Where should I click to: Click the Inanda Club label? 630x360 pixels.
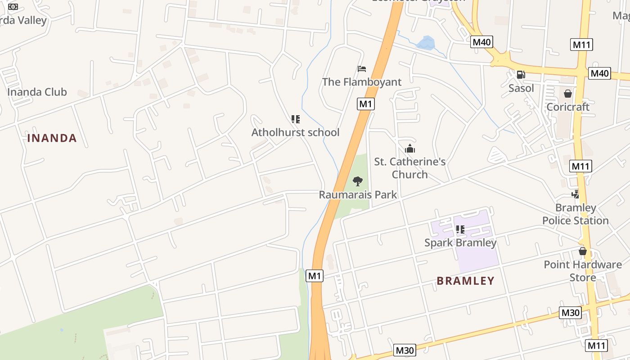pos(37,92)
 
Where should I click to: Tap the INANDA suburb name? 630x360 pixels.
pos(52,138)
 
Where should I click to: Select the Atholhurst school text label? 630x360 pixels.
pos(295,132)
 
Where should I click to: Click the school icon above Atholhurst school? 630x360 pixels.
pos(296,119)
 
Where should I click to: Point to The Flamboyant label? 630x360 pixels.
pos(361,82)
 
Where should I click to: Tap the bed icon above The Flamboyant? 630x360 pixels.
pos(362,69)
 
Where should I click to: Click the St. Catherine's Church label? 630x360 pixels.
pos(409,168)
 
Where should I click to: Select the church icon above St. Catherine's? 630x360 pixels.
pos(410,148)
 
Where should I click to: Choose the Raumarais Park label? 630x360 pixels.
pos(358,194)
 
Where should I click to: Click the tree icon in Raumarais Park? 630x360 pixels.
pos(358,181)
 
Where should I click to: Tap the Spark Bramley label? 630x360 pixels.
pos(460,243)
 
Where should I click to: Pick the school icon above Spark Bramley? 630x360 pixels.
pos(460,229)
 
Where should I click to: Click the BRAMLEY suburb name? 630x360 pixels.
pos(465,281)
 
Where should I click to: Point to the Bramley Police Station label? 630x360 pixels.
pos(575,214)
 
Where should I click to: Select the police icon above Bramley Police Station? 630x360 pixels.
pos(575,194)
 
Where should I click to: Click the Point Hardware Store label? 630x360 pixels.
pos(583,271)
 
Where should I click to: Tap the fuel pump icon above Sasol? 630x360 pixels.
pos(521,75)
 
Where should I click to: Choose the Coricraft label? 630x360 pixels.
pos(567,107)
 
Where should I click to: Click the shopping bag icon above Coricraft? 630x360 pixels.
pos(568,94)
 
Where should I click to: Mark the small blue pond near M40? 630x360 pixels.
pos(426,43)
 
